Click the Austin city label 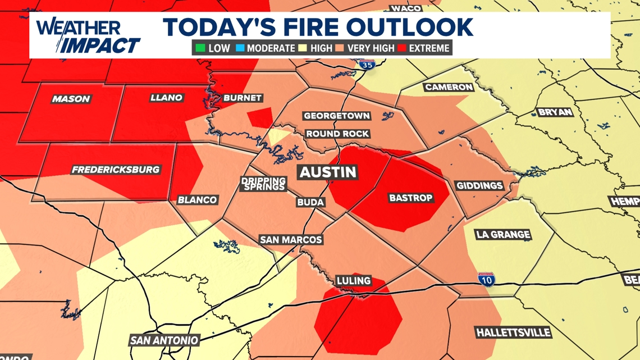coord(328,172)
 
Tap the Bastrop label coord(410,198)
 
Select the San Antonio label coord(164,340)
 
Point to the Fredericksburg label coord(116,170)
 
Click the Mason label coord(71,99)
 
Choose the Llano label coord(167,98)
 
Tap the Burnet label coord(243,98)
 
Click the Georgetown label coord(337,116)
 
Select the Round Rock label coord(337,134)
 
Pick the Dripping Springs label coord(263,184)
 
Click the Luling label coord(353,280)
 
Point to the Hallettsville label coord(513,332)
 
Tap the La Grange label coord(503,235)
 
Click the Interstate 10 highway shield coord(486,279)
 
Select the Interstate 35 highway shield coord(367,65)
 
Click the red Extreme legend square coord(401,48)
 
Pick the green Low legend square coord(200,48)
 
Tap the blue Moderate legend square coord(240,48)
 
